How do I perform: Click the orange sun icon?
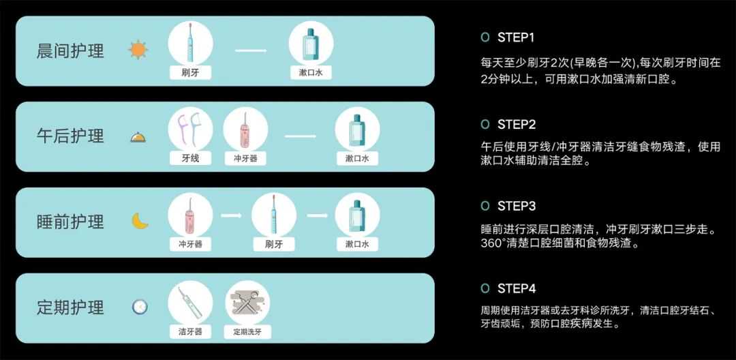(138, 50)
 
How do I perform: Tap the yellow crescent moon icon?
(140, 221)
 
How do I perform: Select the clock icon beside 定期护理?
(140, 307)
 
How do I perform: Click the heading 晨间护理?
(70, 50)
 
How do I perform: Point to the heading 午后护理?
(70, 136)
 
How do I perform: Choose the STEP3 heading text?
(517, 206)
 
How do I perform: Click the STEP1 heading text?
(515, 37)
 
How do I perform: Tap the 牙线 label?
(191, 159)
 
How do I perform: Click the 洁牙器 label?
(191, 331)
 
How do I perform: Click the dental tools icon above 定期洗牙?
(247, 302)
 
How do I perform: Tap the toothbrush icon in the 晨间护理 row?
(190, 42)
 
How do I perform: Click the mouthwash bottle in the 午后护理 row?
(356, 129)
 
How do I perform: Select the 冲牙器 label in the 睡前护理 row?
(191, 244)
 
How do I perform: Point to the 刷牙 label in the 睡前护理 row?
(274, 244)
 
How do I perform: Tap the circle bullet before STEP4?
(485, 288)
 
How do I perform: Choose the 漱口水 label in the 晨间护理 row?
(311, 73)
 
